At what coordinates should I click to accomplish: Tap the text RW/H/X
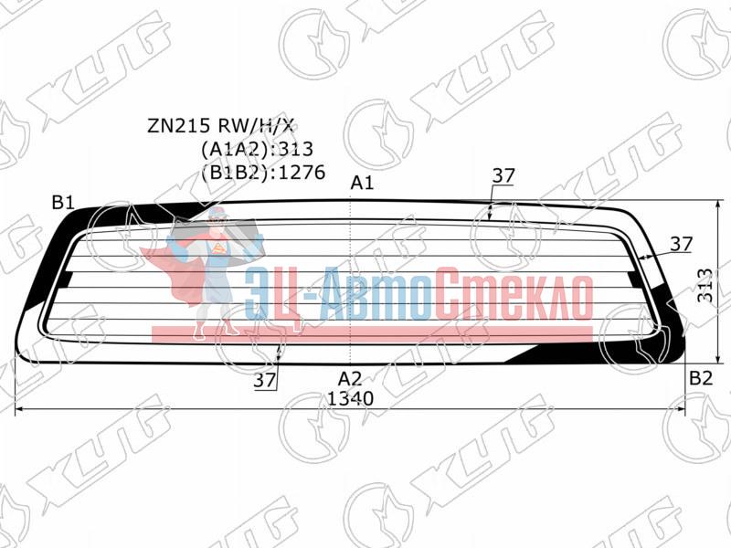tap(257, 125)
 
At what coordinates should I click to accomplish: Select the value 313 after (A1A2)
tap(295, 149)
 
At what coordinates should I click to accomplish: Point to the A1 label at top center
tap(362, 184)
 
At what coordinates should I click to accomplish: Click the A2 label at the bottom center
tap(350, 378)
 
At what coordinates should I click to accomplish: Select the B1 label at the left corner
tap(63, 202)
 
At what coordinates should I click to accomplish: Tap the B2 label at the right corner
tap(701, 378)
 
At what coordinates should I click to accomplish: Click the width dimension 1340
tap(350, 398)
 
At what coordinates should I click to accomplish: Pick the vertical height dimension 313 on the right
tap(705, 285)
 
